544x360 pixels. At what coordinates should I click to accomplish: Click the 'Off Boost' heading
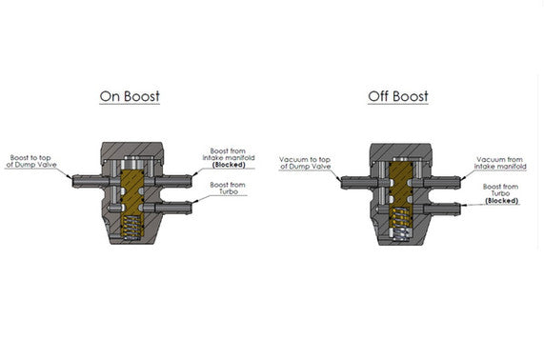coord(397,96)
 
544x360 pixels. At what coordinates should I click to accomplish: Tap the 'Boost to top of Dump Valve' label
coord(35,162)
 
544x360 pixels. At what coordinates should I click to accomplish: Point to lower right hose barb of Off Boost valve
coord(444,204)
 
